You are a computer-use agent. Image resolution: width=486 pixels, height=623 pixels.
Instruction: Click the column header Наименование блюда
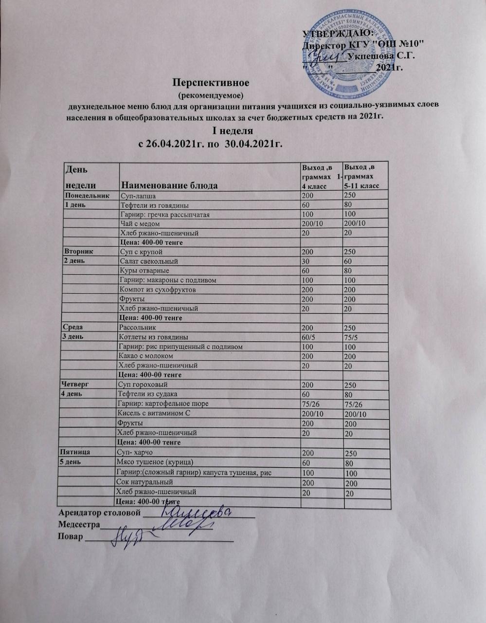(169, 185)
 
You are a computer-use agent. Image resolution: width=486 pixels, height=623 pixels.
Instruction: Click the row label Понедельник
(84, 195)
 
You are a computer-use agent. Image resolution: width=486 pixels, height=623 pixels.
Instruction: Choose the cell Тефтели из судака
(148, 394)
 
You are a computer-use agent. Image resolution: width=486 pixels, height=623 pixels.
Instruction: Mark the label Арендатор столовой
(99, 513)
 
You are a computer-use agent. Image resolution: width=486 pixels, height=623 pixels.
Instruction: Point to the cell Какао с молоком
(145, 356)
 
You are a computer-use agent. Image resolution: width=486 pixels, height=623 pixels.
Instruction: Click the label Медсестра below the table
(78, 524)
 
